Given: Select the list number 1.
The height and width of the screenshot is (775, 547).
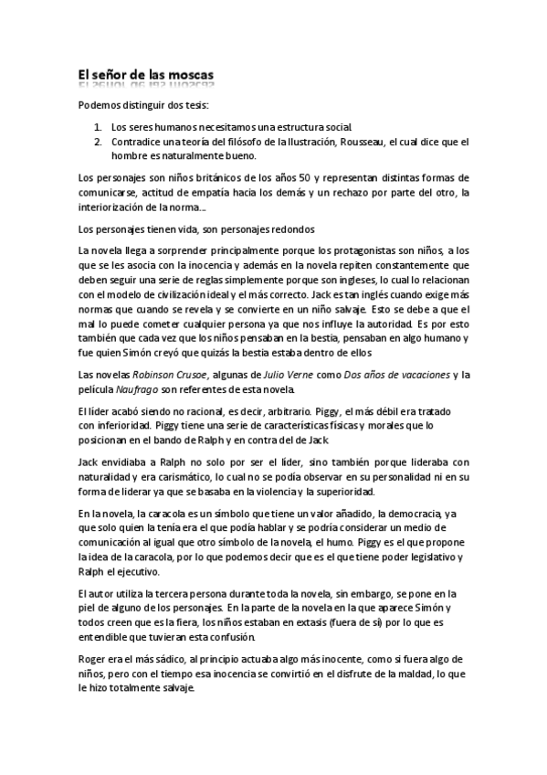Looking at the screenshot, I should pyautogui.click(x=98, y=128).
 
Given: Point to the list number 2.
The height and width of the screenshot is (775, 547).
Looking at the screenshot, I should pyautogui.click(x=98, y=142).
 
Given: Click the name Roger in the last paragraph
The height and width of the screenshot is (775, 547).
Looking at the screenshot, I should pyautogui.click(x=93, y=658).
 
